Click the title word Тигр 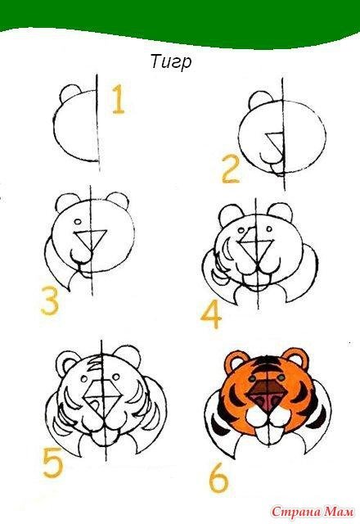171,62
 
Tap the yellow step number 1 118,99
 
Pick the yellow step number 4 211,314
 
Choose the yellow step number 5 52,463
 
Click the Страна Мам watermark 312,512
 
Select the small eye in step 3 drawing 78,222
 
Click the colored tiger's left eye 253,378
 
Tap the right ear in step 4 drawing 280,211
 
